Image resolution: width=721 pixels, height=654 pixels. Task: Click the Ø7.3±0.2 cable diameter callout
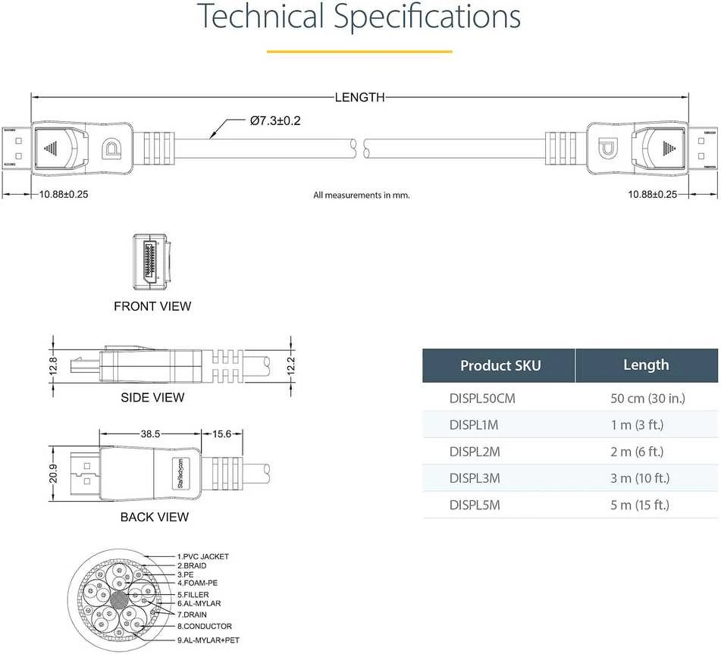coord(275,121)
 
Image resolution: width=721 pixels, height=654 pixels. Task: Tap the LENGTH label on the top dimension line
coord(359,98)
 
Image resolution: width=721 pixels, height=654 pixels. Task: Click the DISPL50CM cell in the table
coord(482,398)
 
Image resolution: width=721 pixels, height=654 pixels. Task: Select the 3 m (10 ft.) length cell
coord(640,478)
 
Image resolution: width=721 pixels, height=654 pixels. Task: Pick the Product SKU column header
coord(500,365)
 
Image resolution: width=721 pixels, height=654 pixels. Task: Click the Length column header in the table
coord(646,365)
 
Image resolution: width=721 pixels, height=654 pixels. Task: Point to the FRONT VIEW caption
coord(152,306)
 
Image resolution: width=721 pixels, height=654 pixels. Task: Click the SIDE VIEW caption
coord(152,398)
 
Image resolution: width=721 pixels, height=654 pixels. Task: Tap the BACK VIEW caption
coord(154,517)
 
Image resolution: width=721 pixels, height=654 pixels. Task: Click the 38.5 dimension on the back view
coord(150,434)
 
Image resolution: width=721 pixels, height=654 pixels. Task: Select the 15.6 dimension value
coord(221,434)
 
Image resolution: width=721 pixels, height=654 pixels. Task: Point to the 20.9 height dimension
coord(53,474)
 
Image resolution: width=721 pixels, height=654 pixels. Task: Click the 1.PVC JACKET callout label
coord(202,556)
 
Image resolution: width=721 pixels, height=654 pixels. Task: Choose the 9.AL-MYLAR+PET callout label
coord(208,640)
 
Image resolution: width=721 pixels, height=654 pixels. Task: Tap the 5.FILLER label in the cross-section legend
coord(193,594)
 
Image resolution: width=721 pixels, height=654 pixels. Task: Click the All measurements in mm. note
coord(362,196)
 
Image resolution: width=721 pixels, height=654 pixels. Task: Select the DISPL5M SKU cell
coord(475,505)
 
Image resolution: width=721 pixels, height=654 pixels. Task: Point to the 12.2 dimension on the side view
coord(290,366)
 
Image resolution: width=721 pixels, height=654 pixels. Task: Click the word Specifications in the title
coord(427,17)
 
